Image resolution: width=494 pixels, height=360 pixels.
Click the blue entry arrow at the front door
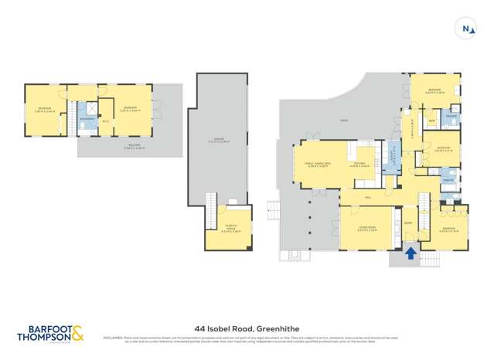click(411, 252)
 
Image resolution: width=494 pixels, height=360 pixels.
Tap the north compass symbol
click(466, 29)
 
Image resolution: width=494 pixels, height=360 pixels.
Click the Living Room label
click(366, 229)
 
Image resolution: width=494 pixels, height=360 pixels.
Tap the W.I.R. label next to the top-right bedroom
click(432, 121)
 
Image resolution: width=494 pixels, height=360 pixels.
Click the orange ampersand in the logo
click(79, 334)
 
